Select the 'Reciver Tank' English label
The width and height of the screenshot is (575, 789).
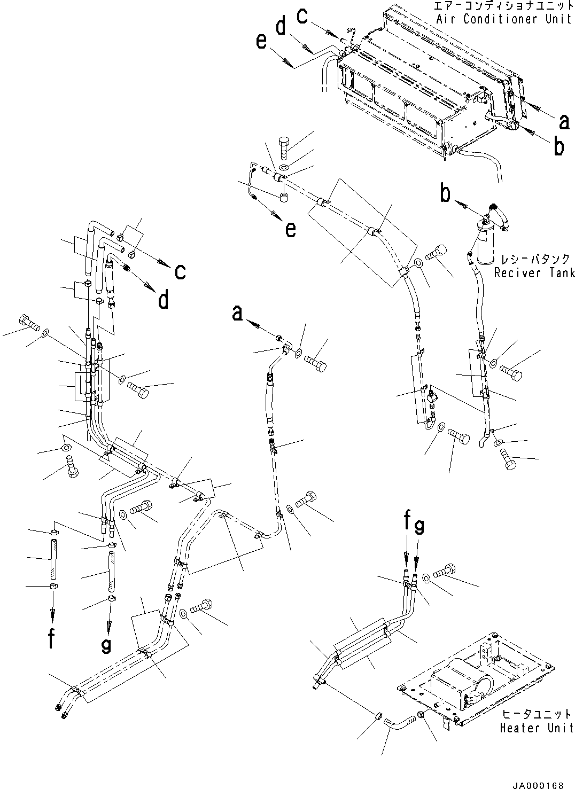point(533,273)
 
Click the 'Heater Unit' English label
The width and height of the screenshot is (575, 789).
point(536,728)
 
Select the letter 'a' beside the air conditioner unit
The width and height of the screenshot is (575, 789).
point(563,122)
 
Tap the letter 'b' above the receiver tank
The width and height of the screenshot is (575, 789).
point(445,194)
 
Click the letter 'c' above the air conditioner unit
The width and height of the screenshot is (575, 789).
point(302,17)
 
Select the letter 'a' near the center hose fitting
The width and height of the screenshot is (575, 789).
point(237,314)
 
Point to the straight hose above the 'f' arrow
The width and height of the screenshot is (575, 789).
point(53,559)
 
